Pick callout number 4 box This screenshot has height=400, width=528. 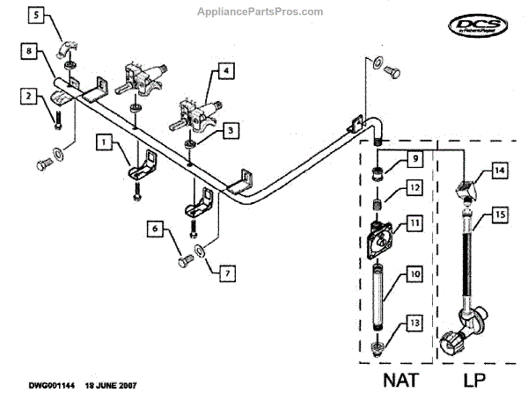click(x=226, y=69)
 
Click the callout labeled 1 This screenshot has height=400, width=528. click(x=104, y=140)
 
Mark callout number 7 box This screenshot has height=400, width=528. click(x=226, y=274)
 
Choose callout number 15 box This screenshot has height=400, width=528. click(x=499, y=214)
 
